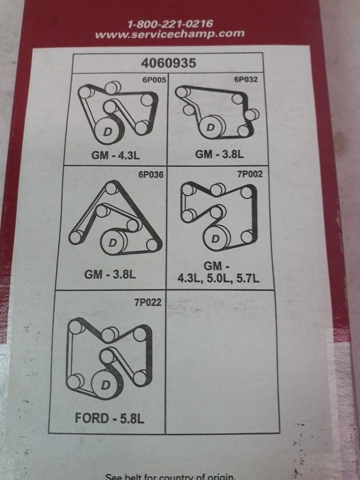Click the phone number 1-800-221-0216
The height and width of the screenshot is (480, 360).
pos(170,23)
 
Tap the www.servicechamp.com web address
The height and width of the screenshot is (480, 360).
pos(169,34)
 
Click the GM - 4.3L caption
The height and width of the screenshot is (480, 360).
pos(116,155)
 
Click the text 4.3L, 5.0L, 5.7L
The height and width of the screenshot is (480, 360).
pos(219,278)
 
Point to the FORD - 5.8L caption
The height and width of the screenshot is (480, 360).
pos(109,418)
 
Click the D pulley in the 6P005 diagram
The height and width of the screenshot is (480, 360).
pos(106,131)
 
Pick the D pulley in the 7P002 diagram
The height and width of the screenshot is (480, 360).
pos(215,238)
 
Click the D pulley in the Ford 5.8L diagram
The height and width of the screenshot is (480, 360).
pos(105,384)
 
